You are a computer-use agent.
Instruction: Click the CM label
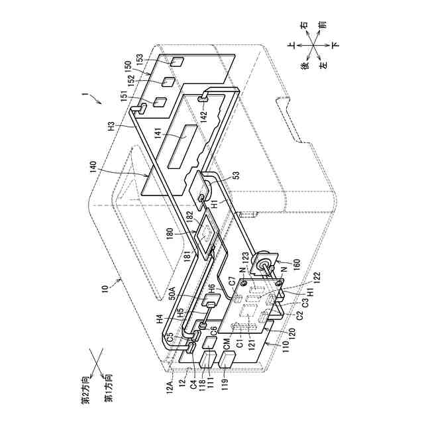227,343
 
